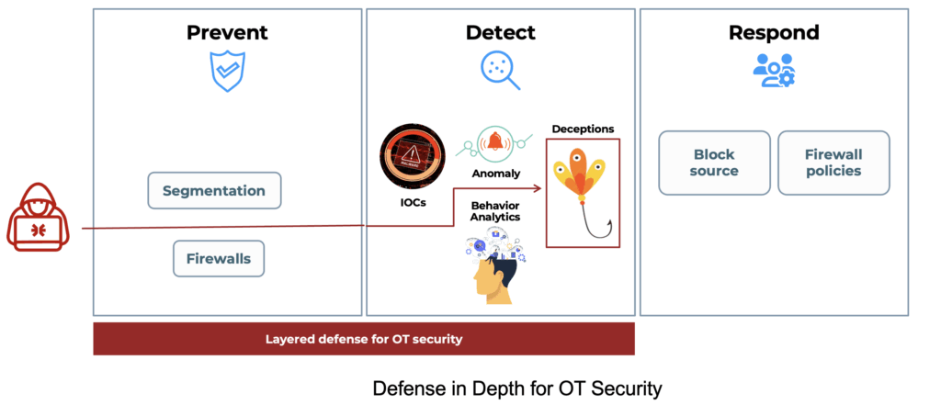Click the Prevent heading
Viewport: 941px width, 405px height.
(227, 33)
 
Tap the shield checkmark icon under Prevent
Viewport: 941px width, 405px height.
(227, 72)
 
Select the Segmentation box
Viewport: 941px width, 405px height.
(214, 191)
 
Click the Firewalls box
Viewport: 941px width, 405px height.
(219, 258)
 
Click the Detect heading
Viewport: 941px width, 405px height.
(500, 33)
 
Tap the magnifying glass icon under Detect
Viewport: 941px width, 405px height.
(500, 70)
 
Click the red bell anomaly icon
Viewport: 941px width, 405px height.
(496, 142)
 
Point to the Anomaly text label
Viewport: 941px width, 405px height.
(496, 173)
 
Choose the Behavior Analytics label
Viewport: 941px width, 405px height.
(495, 210)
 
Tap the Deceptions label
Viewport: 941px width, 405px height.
(583, 129)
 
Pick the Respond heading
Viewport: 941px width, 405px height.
(774, 33)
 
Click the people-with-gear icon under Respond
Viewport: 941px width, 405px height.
(774, 71)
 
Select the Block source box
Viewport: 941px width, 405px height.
(714, 163)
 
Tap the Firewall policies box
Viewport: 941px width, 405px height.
(833, 163)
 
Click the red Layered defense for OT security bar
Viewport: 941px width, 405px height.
(364, 338)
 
